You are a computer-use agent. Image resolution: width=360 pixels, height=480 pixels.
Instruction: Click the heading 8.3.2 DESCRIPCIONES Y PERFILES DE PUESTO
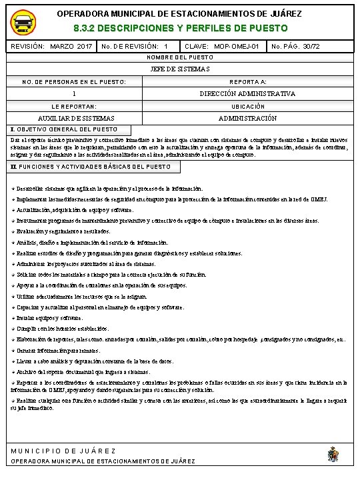[x=180, y=29]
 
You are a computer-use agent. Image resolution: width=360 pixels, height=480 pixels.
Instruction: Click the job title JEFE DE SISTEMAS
[x=180, y=69]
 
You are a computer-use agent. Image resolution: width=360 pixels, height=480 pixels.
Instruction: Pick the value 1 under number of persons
[x=74, y=94]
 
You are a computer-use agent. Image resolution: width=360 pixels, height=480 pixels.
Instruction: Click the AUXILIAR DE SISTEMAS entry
[x=74, y=118]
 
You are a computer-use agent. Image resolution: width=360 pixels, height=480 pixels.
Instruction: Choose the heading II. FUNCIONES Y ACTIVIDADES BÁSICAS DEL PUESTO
[x=91, y=166]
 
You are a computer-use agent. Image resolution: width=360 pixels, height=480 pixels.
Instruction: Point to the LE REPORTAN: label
[x=74, y=107]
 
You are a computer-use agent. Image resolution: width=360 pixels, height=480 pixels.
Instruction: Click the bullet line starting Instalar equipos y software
[x=47, y=318]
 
